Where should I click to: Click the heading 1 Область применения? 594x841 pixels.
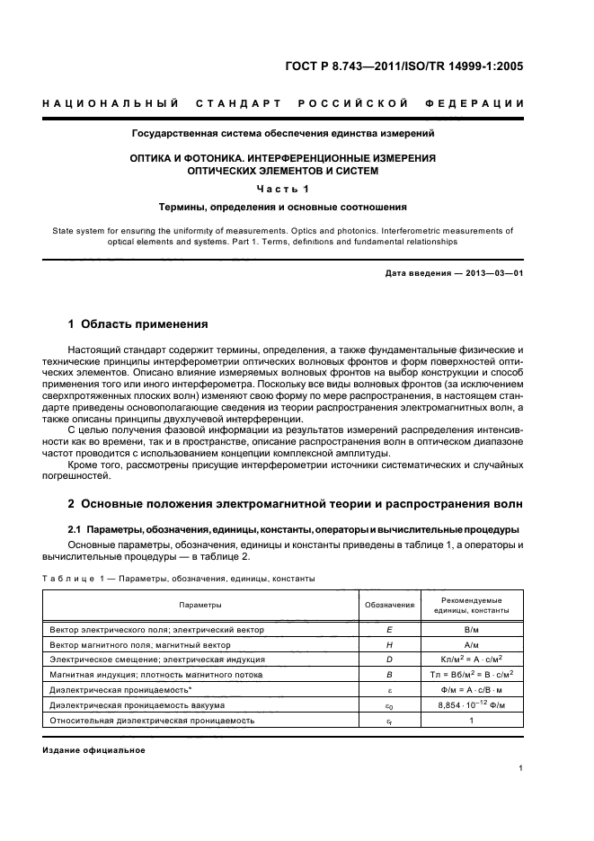138,323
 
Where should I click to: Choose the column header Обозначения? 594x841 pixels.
389,606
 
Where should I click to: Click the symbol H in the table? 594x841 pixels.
389,644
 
